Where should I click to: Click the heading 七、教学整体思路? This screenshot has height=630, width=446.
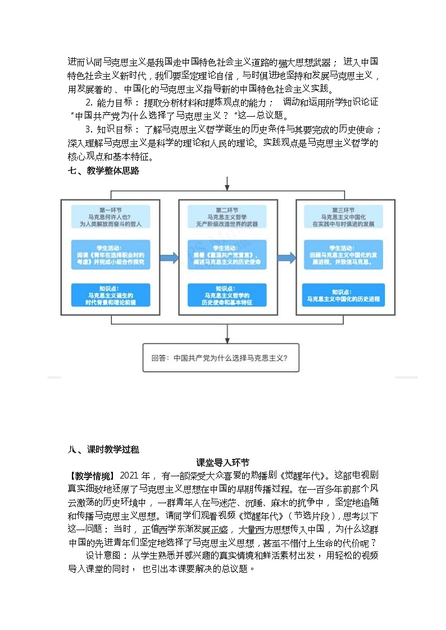pos(103,171)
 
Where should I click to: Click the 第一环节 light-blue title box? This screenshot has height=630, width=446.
pos(111,216)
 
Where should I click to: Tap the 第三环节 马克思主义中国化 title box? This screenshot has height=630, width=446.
pos(343,216)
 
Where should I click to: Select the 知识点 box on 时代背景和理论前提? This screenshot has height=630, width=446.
pos(111,295)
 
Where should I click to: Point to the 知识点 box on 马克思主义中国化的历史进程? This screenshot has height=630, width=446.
pos(343,295)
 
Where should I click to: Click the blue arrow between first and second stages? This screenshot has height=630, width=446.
pos(169,257)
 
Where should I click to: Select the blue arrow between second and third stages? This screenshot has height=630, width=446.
pos(286,257)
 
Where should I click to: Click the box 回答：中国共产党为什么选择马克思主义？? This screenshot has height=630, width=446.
pos(221,357)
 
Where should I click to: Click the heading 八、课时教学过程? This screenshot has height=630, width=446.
pos(103,449)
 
